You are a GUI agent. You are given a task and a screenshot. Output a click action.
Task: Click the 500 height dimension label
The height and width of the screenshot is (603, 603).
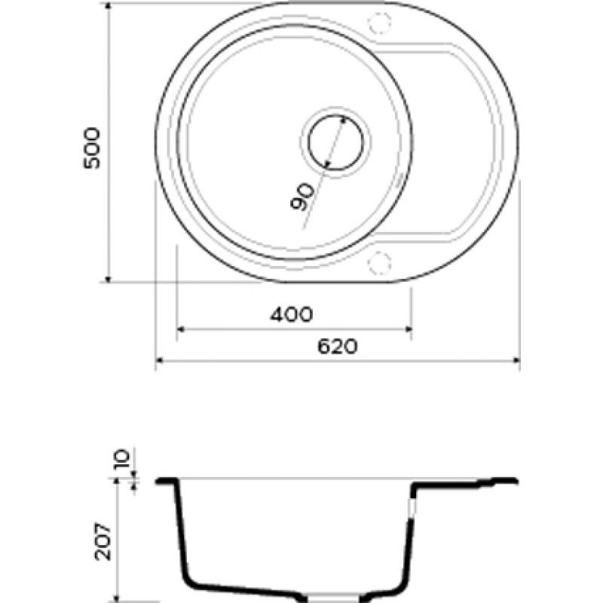pos(91,148)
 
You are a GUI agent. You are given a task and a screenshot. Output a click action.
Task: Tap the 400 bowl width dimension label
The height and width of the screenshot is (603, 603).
pos(292,314)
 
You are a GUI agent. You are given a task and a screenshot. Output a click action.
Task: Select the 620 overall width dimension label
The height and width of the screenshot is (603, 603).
pos(337,347)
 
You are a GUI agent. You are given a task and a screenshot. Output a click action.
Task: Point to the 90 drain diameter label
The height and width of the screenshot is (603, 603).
pos(302,197)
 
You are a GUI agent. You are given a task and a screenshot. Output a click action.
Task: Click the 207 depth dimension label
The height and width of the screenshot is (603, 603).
pos(103,541)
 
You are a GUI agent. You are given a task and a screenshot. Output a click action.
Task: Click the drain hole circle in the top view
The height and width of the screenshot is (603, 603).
pos(335,142)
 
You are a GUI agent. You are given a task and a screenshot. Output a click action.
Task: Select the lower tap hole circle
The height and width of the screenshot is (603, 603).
pos(380,262)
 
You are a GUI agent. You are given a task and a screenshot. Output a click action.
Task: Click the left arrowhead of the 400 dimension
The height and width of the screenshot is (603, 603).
pos(181,329)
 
